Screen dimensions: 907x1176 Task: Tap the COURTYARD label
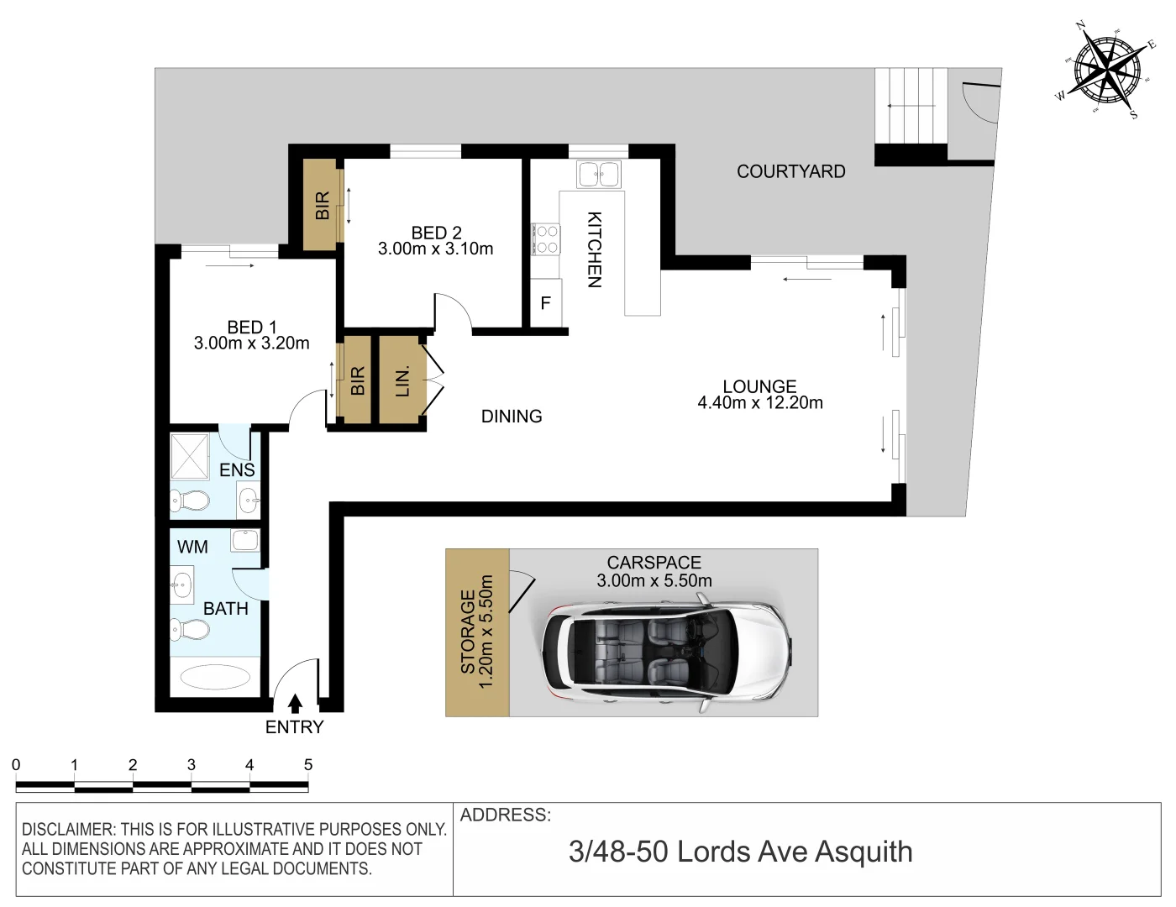pyautogui.click(x=790, y=171)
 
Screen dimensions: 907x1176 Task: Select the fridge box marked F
pyautogui.click(x=545, y=303)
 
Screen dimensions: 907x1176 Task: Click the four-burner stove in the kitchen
pyautogui.click(x=546, y=239)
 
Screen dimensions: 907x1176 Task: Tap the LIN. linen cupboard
pyautogui.click(x=402, y=380)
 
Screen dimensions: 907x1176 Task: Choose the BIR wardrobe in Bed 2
pyautogui.click(x=322, y=205)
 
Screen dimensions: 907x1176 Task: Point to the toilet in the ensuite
pyautogui.click(x=190, y=501)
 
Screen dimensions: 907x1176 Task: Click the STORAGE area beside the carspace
pyautogui.click(x=476, y=632)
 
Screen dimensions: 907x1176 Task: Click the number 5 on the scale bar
pyautogui.click(x=308, y=765)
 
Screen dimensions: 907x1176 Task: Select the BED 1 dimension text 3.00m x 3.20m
pyautogui.click(x=251, y=343)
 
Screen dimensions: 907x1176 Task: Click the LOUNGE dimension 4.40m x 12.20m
pyautogui.click(x=759, y=403)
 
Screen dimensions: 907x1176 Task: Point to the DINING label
pyautogui.click(x=511, y=417)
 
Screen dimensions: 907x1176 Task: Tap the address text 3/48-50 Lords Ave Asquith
pyautogui.click(x=740, y=852)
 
